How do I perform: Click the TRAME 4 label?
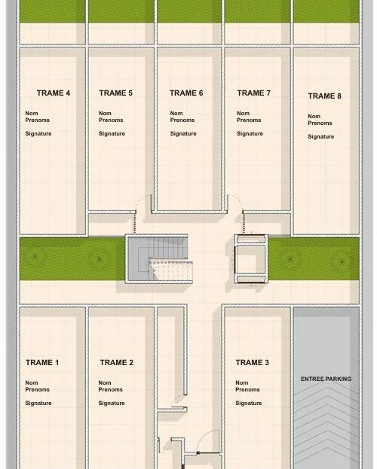point(54,93)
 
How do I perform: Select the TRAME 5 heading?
point(115,93)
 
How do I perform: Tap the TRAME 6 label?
point(186,93)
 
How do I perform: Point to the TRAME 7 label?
point(253,93)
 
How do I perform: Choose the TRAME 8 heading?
point(324,96)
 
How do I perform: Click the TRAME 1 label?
point(42,363)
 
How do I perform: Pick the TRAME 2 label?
point(117,363)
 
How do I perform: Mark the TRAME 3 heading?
point(252,363)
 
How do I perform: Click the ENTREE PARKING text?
point(326,379)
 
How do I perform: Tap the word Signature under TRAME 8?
point(320,137)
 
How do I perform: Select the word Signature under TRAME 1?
point(38,404)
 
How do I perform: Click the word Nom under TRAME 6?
point(176,114)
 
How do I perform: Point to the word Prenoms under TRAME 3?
point(247,389)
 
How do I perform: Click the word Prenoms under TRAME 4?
point(38,120)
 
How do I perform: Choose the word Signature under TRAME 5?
point(112,134)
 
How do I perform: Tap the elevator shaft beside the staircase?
point(251,259)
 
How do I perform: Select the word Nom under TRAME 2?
point(105,383)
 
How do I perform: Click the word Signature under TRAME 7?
point(250,134)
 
